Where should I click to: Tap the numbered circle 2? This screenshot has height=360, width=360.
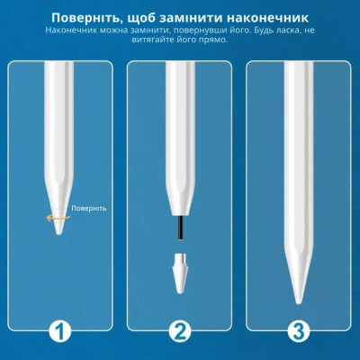[x=180, y=331]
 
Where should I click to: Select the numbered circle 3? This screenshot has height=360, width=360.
[x=297, y=331]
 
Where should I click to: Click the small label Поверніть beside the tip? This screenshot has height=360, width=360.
[x=91, y=208]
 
